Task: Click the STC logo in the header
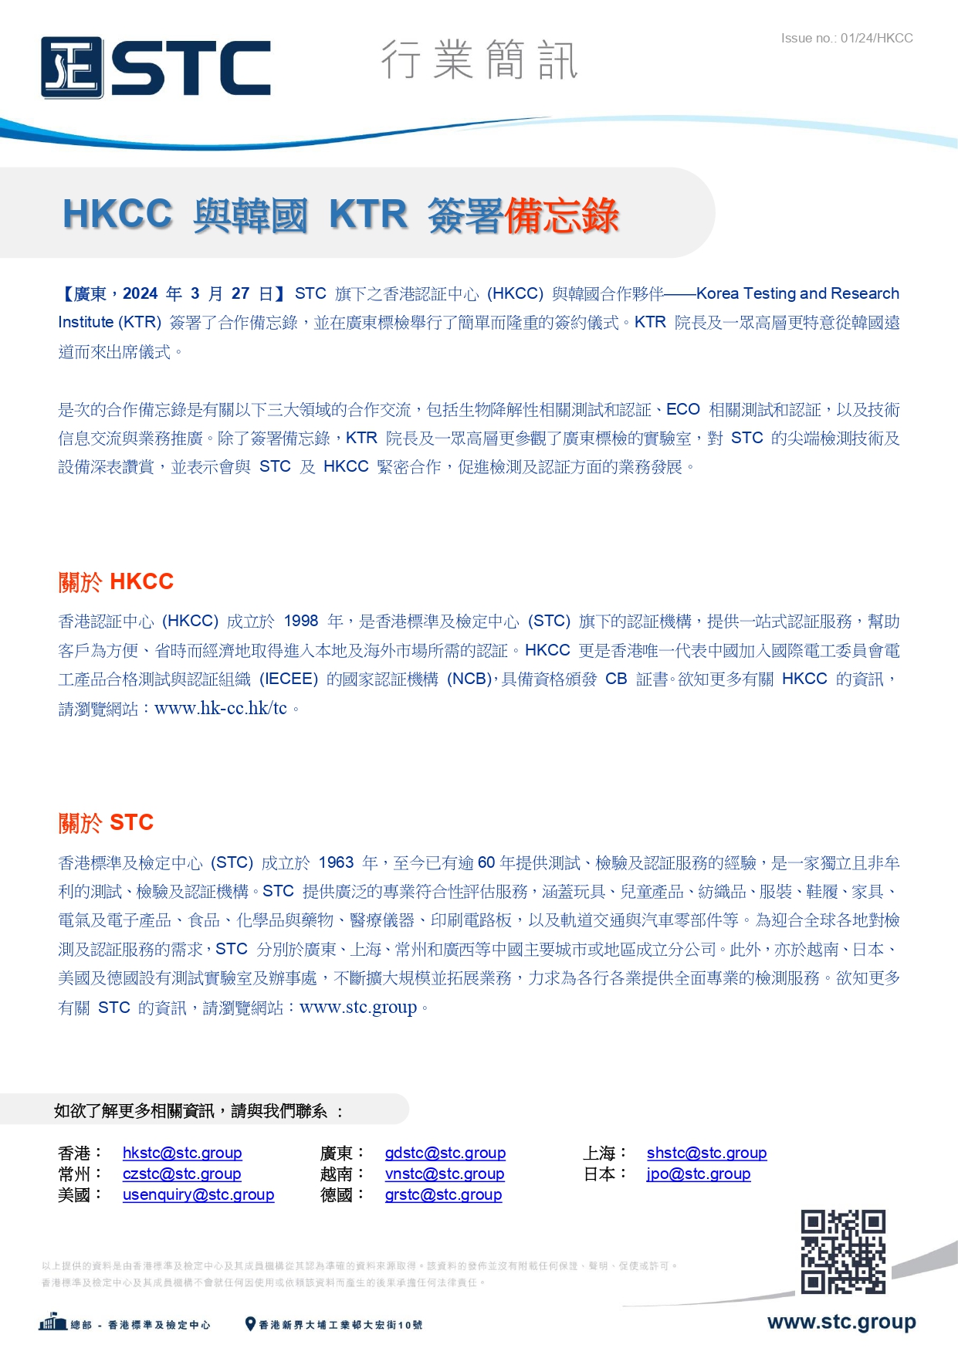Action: click(155, 68)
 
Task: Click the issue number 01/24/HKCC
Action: click(846, 38)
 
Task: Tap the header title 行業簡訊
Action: click(479, 60)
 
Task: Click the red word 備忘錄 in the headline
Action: click(561, 215)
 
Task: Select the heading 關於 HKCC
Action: click(116, 581)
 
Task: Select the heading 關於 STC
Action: click(106, 822)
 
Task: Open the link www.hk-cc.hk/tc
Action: click(221, 708)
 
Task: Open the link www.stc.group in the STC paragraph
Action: click(358, 1007)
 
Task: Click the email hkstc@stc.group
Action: click(182, 1153)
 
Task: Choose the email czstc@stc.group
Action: click(181, 1174)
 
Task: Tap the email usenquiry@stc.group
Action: click(198, 1194)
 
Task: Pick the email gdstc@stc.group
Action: click(445, 1153)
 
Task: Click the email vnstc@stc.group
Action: click(445, 1174)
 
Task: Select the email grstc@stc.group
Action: click(443, 1194)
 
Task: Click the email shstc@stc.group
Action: click(706, 1153)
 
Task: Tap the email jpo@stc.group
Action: click(699, 1174)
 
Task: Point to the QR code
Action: click(843, 1252)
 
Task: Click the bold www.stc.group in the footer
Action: click(841, 1322)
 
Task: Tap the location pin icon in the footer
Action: click(250, 1324)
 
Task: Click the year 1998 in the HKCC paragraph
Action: click(301, 622)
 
